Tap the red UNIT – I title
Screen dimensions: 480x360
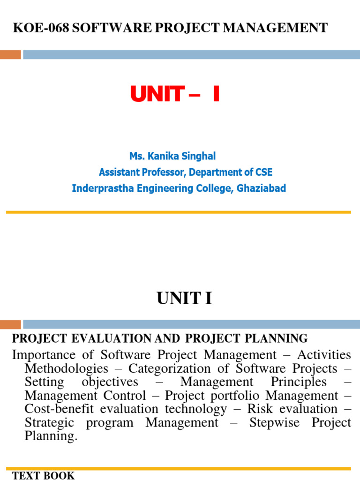(175, 95)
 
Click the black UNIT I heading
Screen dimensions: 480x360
(184, 298)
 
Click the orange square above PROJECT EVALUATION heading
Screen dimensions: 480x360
(10, 324)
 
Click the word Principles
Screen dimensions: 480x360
(298, 382)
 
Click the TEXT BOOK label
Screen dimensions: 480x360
(43, 476)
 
